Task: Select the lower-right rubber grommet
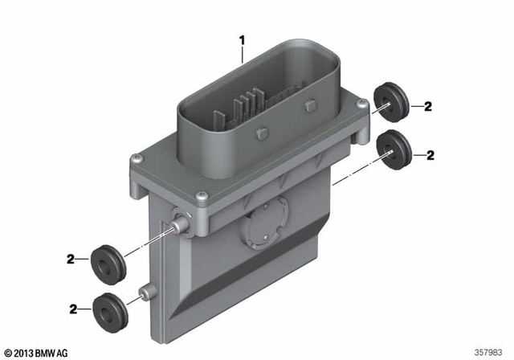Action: (394, 147)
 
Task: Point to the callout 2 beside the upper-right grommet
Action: (427, 107)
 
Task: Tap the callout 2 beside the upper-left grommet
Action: (71, 259)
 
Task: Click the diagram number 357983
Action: (490, 352)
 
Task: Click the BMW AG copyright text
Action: (36, 352)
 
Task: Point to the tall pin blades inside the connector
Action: (240, 109)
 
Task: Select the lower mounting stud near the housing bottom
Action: (145, 292)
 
